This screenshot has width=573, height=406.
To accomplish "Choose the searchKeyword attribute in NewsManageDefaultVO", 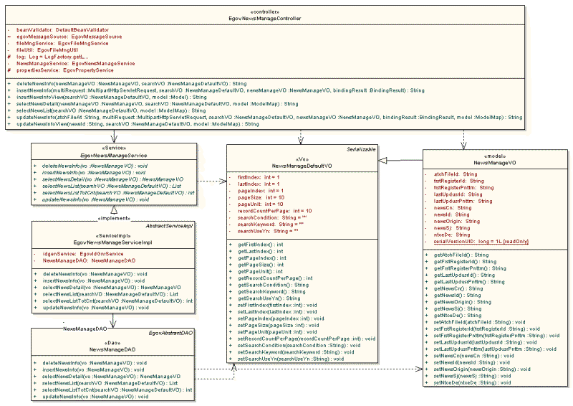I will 266,224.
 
